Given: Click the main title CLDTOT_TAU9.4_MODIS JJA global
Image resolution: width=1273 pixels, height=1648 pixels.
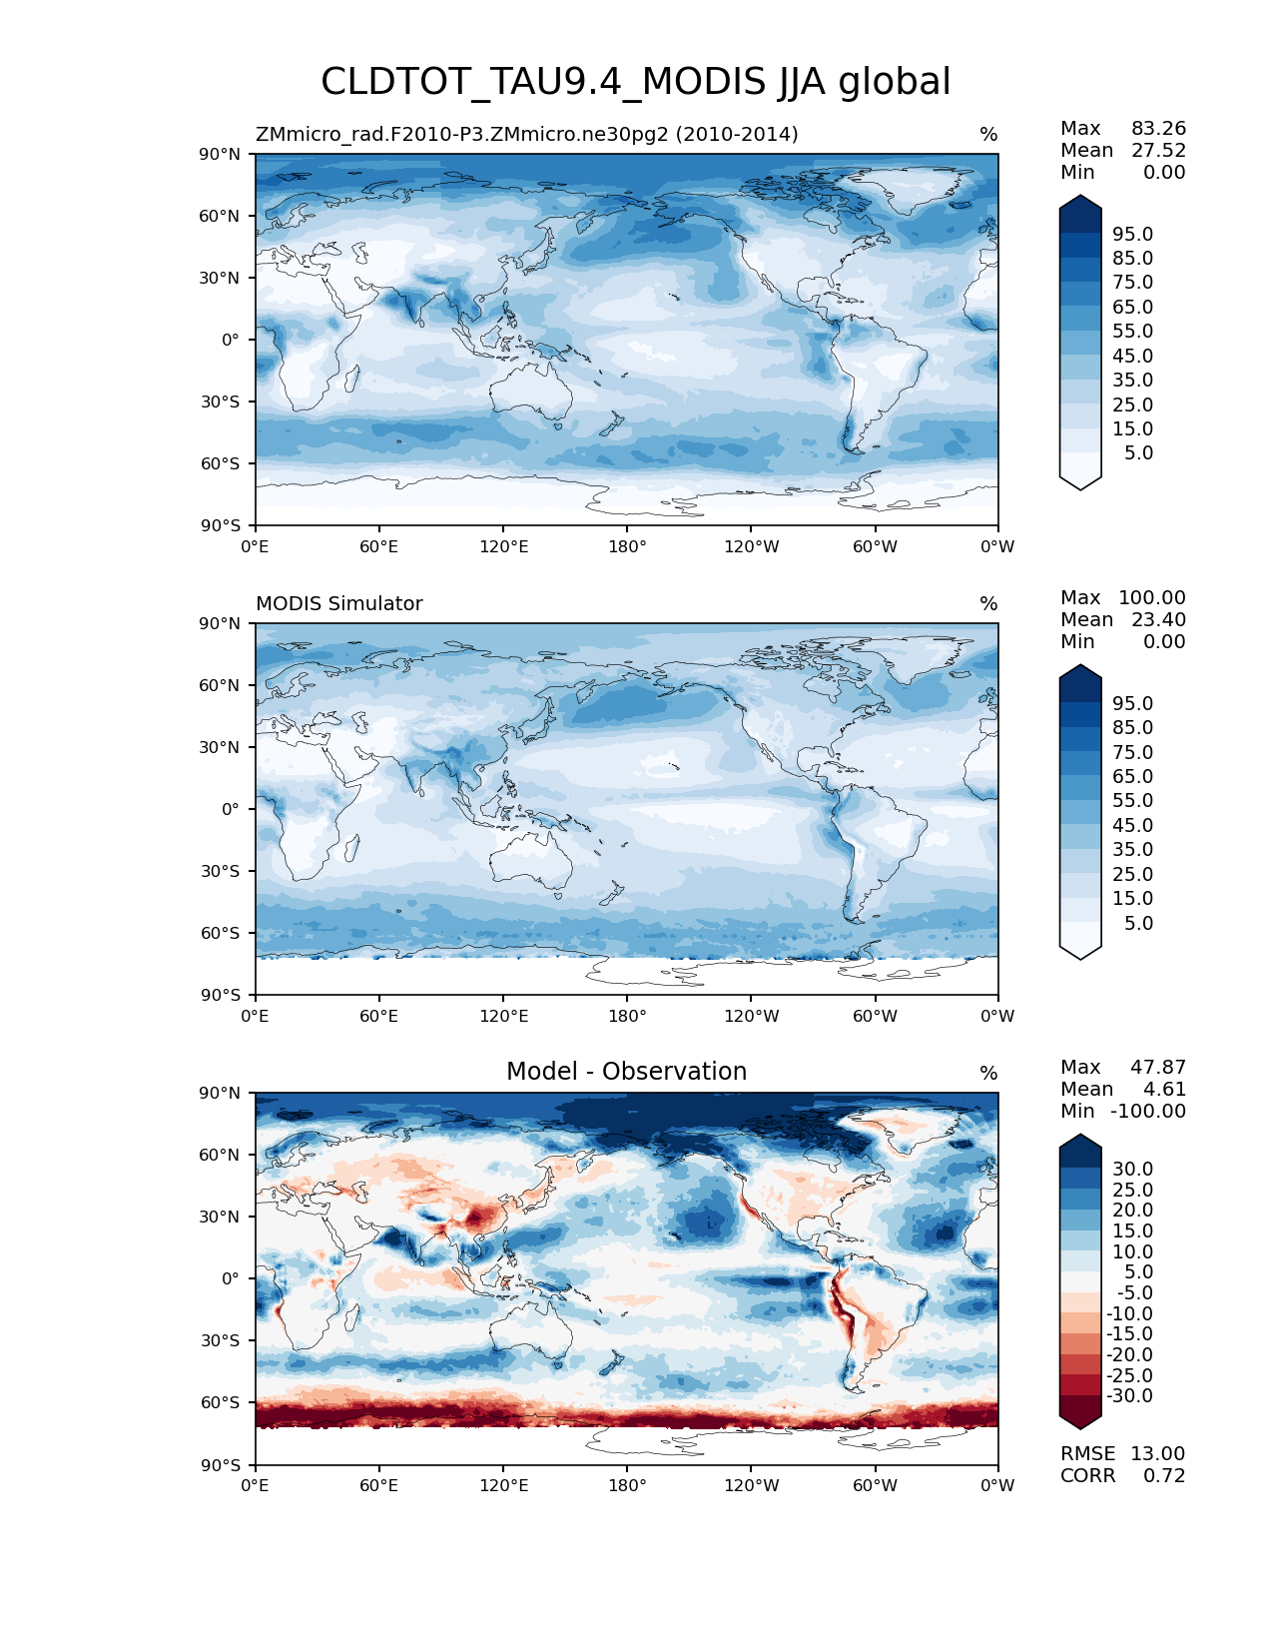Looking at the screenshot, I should click(x=635, y=82).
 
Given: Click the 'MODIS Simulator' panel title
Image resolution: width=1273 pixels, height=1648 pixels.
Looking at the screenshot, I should click(x=338, y=604).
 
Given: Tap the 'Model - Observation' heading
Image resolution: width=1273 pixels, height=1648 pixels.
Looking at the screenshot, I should click(x=626, y=1072).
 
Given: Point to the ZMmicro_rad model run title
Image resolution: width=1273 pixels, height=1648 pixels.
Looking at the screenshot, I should click(x=526, y=135).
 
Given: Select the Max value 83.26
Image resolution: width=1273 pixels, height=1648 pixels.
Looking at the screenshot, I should click(x=1158, y=129).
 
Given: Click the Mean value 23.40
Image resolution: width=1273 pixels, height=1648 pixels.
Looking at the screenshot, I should click(x=1158, y=620).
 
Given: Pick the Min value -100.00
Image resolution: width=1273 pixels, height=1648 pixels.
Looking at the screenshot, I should click(x=1148, y=1112).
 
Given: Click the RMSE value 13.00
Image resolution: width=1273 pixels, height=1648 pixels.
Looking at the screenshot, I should click(x=1157, y=1454).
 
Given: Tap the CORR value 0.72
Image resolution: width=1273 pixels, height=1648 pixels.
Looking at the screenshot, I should click(x=1164, y=1476).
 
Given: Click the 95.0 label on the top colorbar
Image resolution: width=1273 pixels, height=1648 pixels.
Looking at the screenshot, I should click(x=1132, y=235).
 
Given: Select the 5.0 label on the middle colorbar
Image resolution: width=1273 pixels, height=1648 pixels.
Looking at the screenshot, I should click(x=1138, y=924).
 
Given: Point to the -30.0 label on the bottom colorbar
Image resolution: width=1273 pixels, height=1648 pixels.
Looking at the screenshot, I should click(x=1129, y=1396).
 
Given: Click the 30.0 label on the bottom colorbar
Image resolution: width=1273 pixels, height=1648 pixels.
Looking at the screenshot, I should click(x=1132, y=1170).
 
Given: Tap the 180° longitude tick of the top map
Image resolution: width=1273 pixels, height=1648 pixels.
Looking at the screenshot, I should click(x=627, y=547).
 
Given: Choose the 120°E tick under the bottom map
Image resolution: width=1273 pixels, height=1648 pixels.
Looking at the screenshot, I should click(x=503, y=1486).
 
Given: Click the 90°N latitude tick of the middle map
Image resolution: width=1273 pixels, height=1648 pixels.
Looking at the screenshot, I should click(x=221, y=624).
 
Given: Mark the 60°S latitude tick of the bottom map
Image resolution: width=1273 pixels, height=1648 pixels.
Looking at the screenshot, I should click(x=221, y=1403).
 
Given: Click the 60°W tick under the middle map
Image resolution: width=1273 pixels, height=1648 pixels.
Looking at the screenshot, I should click(x=875, y=1017).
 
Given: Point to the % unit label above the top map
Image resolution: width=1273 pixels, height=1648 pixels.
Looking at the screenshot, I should click(x=988, y=135).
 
